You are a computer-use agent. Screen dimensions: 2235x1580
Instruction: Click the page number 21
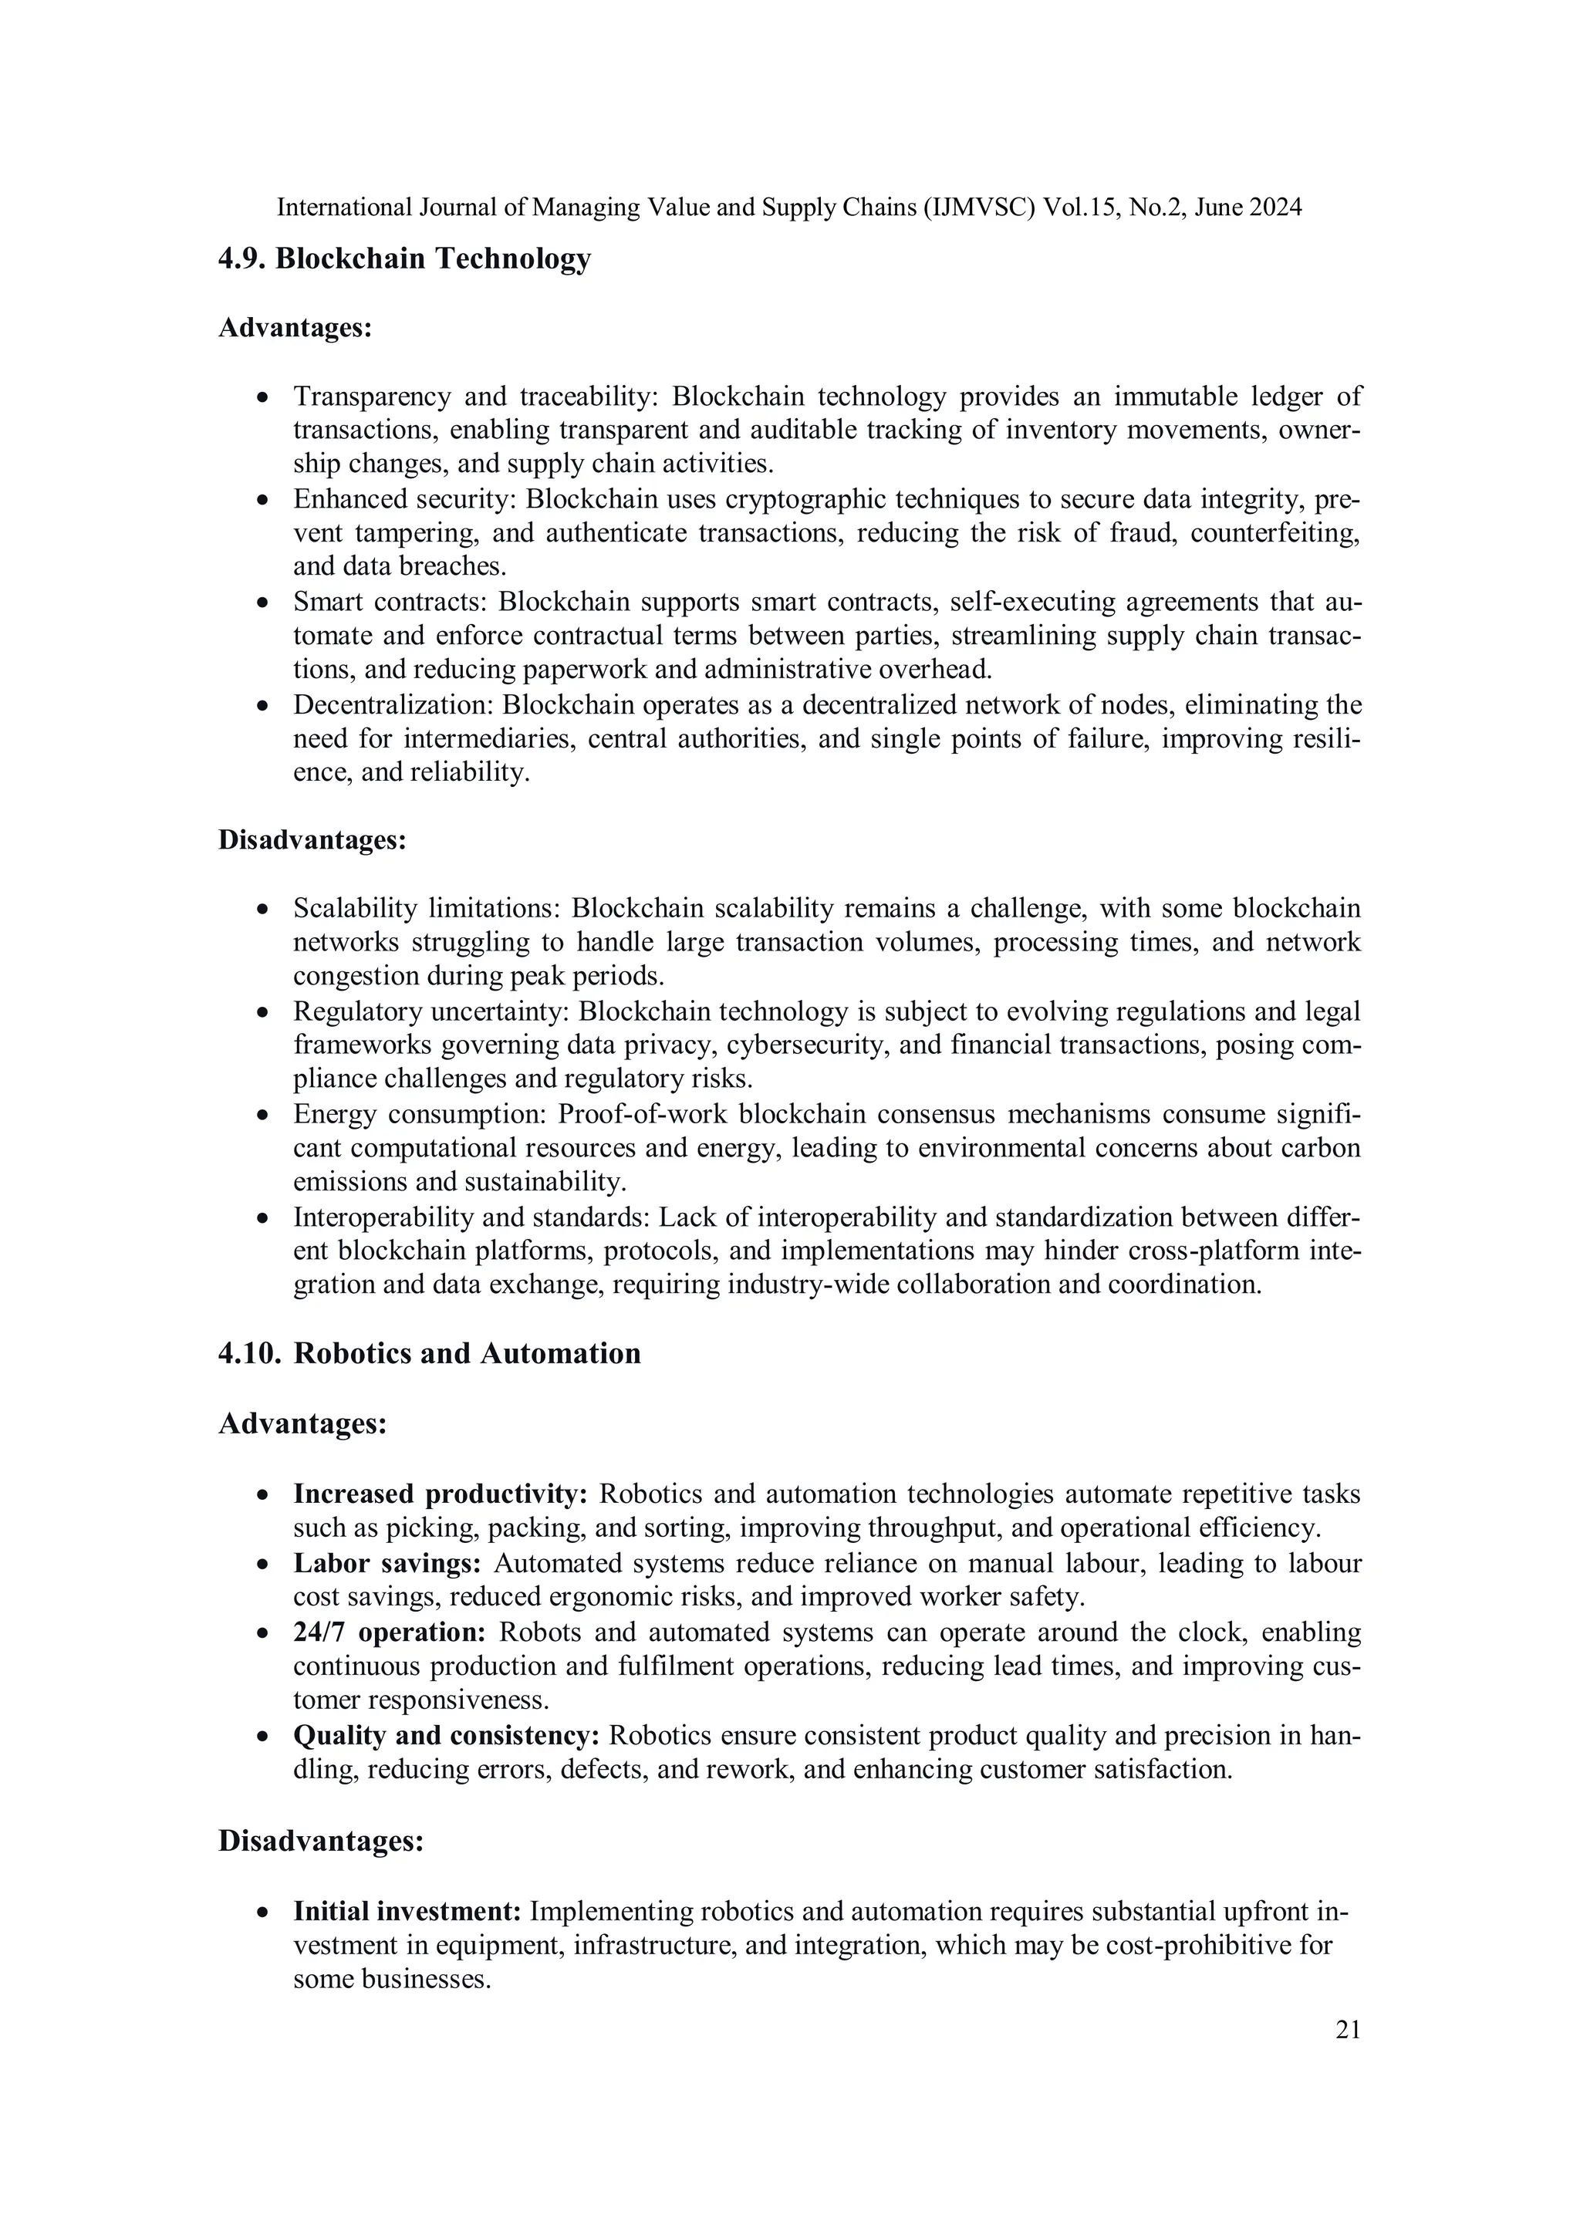tap(1347, 2029)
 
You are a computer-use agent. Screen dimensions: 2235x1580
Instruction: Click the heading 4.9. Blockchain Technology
tap(404, 259)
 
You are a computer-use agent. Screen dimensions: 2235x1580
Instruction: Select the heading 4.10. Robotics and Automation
tap(429, 1353)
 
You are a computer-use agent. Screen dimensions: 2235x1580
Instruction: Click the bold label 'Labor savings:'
tap(387, 1563)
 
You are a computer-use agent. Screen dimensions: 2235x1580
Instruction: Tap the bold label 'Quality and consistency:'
tap(446, 1736)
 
